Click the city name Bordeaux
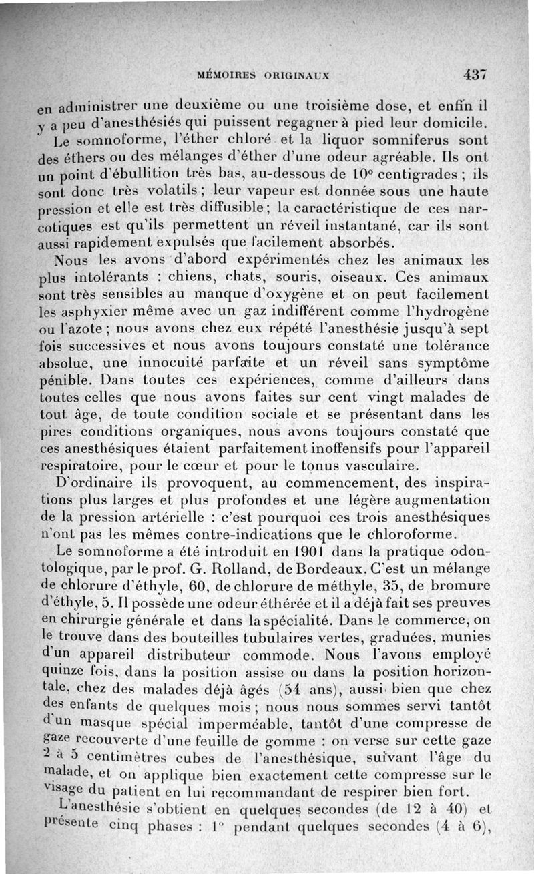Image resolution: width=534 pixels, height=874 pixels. pyautogui.click(x=330, y=569)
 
